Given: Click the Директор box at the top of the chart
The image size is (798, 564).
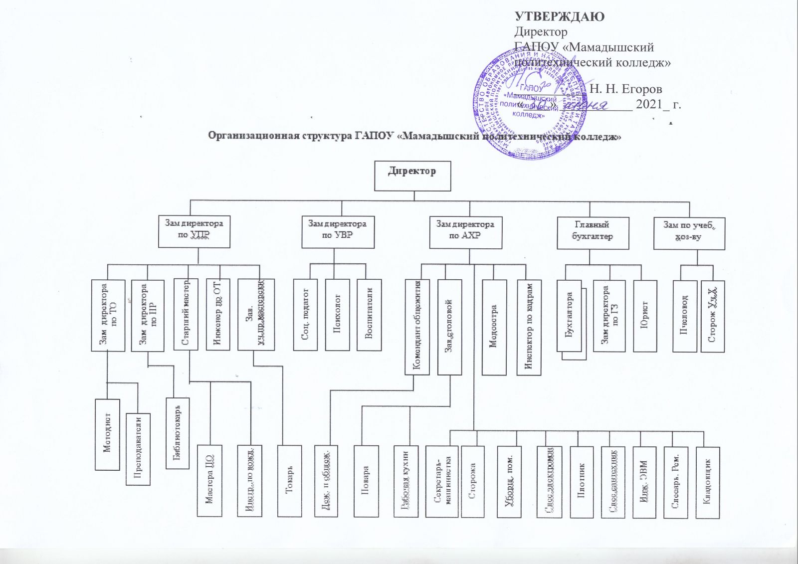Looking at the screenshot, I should click(x=412, y=176).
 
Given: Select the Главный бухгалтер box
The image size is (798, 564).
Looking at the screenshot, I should click(x=593, y=233).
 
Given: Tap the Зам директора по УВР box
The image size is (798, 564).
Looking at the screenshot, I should click(x=338, y=232).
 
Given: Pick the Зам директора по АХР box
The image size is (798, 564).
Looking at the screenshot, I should click(x=465, y=232).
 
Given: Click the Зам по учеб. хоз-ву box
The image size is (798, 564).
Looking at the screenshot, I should click(x=689, y=233).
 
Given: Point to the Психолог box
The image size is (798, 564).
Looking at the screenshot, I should click(x=337, y=314).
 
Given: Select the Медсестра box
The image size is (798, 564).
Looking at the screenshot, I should click(x=494, y=327).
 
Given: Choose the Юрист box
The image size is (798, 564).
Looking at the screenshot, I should click(x=644, y=316).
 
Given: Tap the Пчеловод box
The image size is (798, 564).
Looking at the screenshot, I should click(x=684, y=316).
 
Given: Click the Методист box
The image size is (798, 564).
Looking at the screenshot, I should click(x=107, y=434).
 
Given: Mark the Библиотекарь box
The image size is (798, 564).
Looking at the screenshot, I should click(x=177, y=433).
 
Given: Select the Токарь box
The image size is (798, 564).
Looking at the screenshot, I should click(x=289, y=481).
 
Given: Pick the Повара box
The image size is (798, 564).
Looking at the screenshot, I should click(x=366, y=481).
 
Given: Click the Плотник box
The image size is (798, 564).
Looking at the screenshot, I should click(x=581, y=482).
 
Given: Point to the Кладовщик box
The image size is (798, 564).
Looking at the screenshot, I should click(x=707, y=482).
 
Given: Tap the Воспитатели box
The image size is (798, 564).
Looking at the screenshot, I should click(x=369, y=314).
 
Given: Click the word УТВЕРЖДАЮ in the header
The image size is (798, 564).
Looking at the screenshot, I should click(x=560, y=17).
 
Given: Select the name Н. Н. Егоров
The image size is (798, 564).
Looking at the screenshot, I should click(x=626, y=89).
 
